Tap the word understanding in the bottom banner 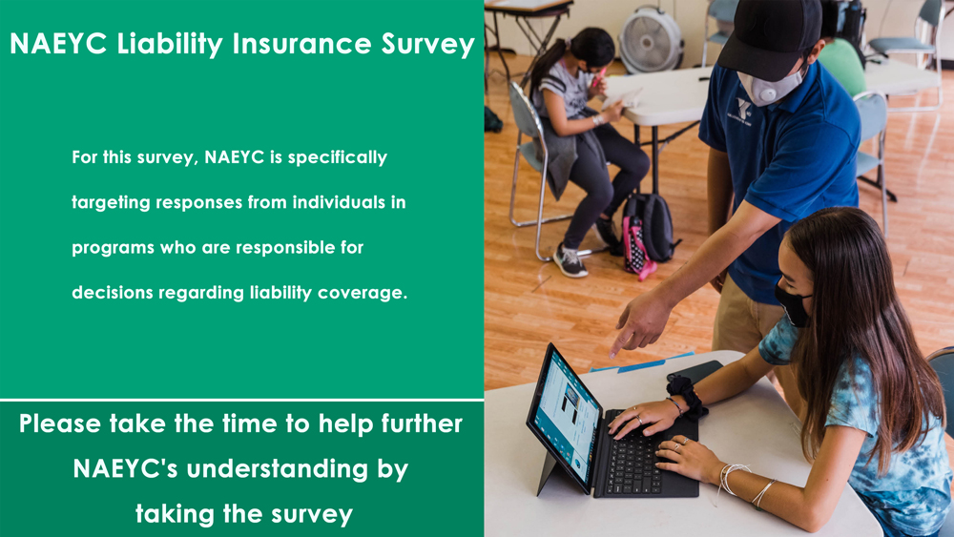[278, 470]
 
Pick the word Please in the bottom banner [59, 423]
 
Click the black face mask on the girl [793, 304]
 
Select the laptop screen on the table [565, 418]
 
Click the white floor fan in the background [651, 39]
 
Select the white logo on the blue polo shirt [743, 110]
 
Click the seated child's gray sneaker [570, 261]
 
